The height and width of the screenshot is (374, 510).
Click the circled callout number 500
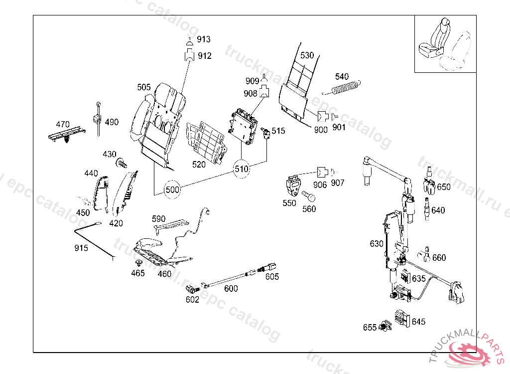pyautogui.click(x=172, y=190)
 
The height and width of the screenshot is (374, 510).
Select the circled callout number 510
pyautogui.click(x=242, y=169)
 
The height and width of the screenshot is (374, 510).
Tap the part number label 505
pyautogui.click(x=144, y=87)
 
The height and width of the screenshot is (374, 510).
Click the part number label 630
pyautogui.click(x=377, y=244)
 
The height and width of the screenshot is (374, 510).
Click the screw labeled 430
pyautogui.click(x=121, y=163)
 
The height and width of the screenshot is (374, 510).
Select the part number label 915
pyautogui.click(x=81, y=248)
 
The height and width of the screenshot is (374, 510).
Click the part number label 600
pyautogui.click(x=231, y=288)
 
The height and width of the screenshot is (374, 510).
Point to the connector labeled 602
pyautogui.click(x=191, y=288)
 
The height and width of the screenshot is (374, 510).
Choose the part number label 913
pyautogui.click(x=204, y=39)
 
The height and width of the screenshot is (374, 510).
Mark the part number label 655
pyautogui.click(x=370, y=328)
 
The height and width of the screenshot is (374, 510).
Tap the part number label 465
pyautogui.click(x=138, y=273)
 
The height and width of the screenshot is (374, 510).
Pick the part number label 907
pyautogui.click(x=338, y=183)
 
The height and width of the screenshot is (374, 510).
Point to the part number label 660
pyautogui.click(x=439, y=258)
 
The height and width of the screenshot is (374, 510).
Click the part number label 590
pyautogui.click(x=158, y=219)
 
